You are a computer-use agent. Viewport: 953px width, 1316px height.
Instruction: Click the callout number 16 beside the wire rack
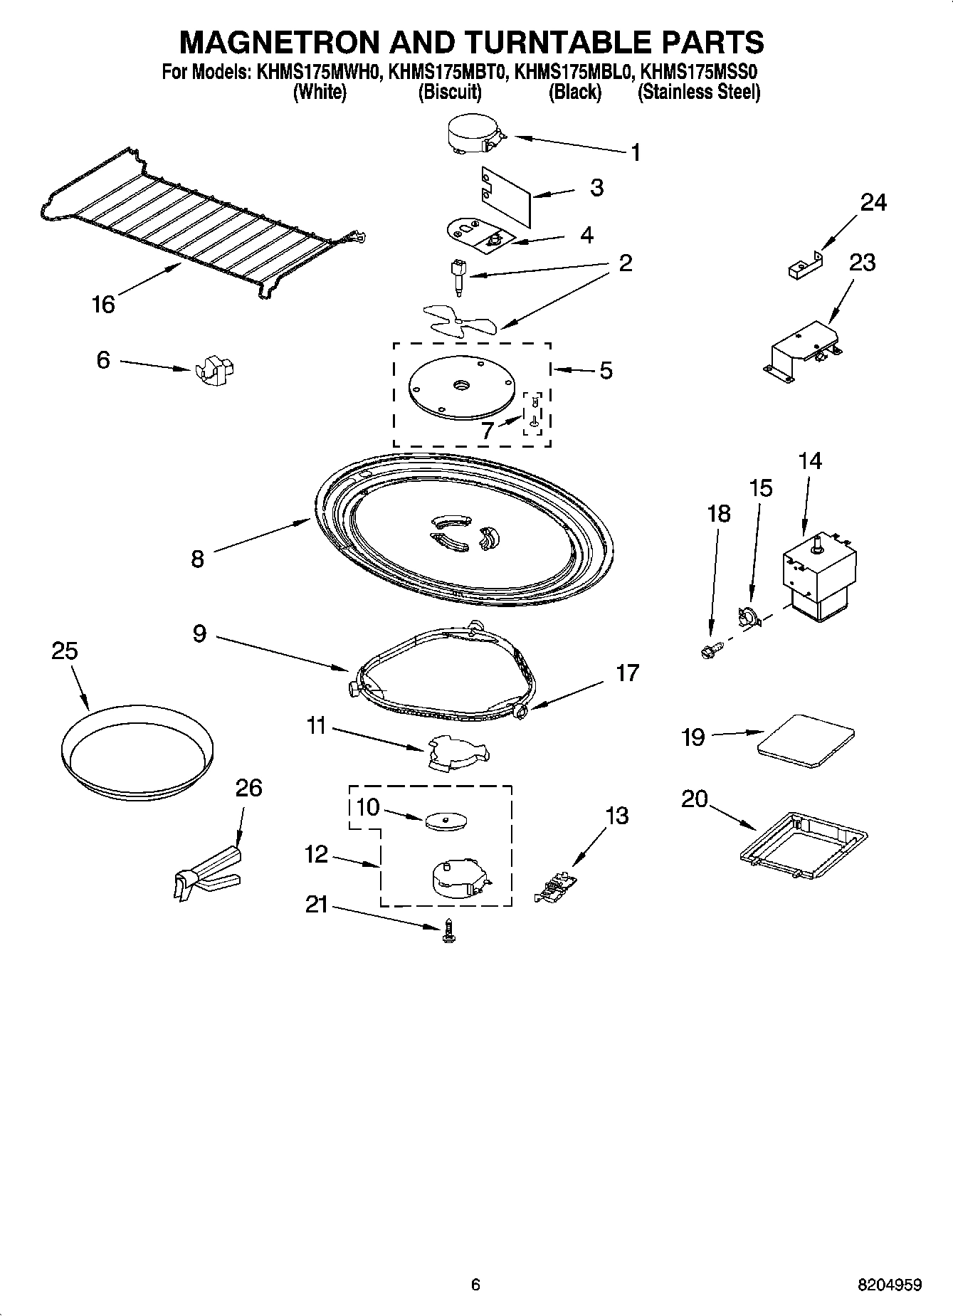[x=103, y=304]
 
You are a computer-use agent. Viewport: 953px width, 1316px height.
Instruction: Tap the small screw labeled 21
[x=448, y=930]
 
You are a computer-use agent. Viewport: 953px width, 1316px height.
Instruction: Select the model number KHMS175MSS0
[x=698, y=72]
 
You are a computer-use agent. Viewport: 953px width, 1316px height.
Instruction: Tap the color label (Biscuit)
[x=449, y=92]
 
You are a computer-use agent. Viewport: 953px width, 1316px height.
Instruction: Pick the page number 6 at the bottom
[x=475, y=1285]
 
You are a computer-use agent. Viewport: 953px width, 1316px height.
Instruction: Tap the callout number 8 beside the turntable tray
[x=197, y=559]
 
